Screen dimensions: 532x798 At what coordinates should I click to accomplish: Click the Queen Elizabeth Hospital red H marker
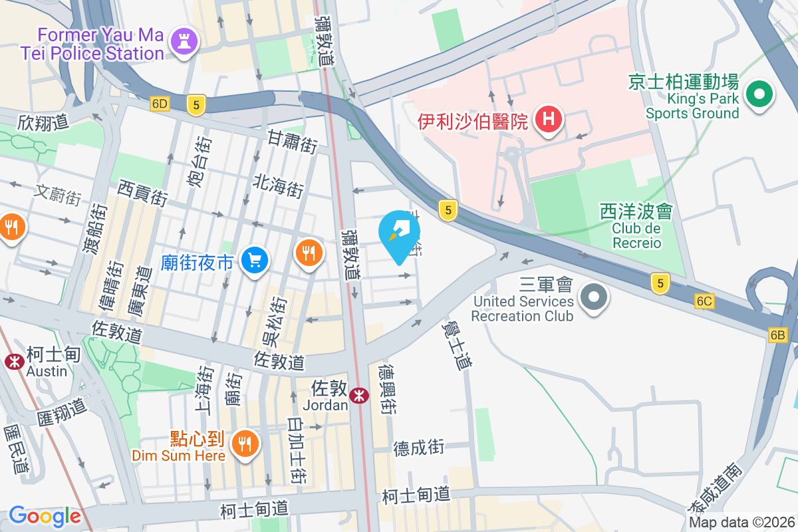click(549, 120)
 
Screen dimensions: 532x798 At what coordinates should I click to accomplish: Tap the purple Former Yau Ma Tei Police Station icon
click(184, 41)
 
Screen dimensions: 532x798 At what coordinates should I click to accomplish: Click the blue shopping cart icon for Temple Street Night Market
click(254, 260)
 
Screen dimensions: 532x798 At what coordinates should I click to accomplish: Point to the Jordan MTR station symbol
click(360, 396)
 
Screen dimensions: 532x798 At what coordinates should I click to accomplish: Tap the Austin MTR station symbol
click(13, 361)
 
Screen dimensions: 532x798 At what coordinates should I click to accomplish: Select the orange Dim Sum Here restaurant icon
click(245, 442)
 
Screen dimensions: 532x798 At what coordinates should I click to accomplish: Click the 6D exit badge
click(160, 104)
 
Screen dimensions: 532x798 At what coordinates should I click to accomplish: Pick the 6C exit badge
click(705, 301)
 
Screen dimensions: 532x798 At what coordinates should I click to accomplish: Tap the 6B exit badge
click(778, 334)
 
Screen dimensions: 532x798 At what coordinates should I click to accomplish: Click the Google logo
click(45, 516)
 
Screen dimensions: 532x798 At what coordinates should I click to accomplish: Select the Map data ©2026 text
click(742, 522)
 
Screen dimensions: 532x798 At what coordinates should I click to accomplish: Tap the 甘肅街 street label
click(292, 142)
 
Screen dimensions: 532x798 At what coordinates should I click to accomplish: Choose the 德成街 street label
click(418, 447)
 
